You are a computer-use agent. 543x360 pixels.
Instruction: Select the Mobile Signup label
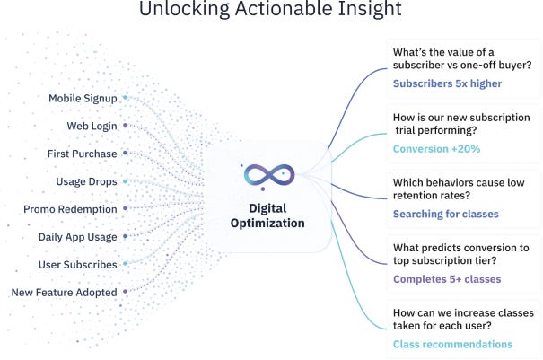tap(83, 98)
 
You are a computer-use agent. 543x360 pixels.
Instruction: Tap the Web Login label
tap(92, 126)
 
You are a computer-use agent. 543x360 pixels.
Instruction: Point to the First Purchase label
tap(83, 154)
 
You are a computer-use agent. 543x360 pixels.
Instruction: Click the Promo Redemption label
tap(71, 209)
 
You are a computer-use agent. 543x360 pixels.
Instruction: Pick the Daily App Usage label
tap(78, 237)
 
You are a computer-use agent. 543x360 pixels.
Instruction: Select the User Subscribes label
tap(78, 265)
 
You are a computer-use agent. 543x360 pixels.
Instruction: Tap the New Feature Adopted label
tap(65, 293)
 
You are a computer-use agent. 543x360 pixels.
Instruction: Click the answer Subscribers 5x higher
tap(447, 84)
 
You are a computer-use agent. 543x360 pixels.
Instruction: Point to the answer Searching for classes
tap(446, 215)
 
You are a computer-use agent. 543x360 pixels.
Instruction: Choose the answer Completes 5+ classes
tap(447, 279)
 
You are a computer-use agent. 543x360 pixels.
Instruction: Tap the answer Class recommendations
tap(453, 344)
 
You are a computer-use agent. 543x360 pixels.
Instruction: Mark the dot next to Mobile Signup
tap(126, 98)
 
